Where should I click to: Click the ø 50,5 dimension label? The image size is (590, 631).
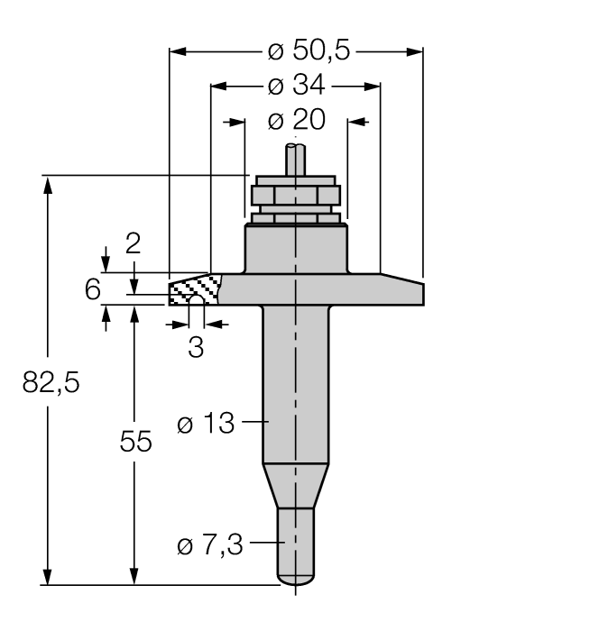coord(309,50)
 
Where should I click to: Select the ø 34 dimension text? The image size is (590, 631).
coord(296,85)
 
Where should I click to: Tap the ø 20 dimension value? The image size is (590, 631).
coord(296,120)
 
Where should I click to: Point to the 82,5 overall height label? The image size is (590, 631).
coord(51,382)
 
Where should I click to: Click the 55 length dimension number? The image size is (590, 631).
coord(135,442)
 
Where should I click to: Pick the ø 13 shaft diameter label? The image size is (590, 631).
coord(206,423)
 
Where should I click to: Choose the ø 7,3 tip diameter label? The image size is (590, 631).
coord(210,545)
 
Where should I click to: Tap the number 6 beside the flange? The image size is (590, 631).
coord(92,289)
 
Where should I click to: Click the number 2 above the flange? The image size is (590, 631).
coord(133,243)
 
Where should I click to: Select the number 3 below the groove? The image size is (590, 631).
coord(196,347)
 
